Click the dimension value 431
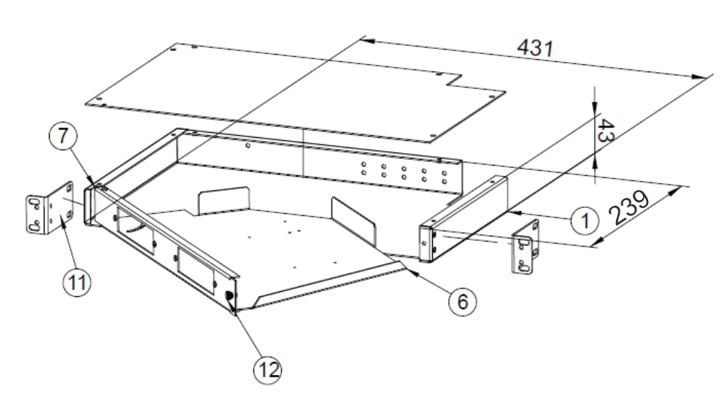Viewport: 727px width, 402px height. point(536,49)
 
